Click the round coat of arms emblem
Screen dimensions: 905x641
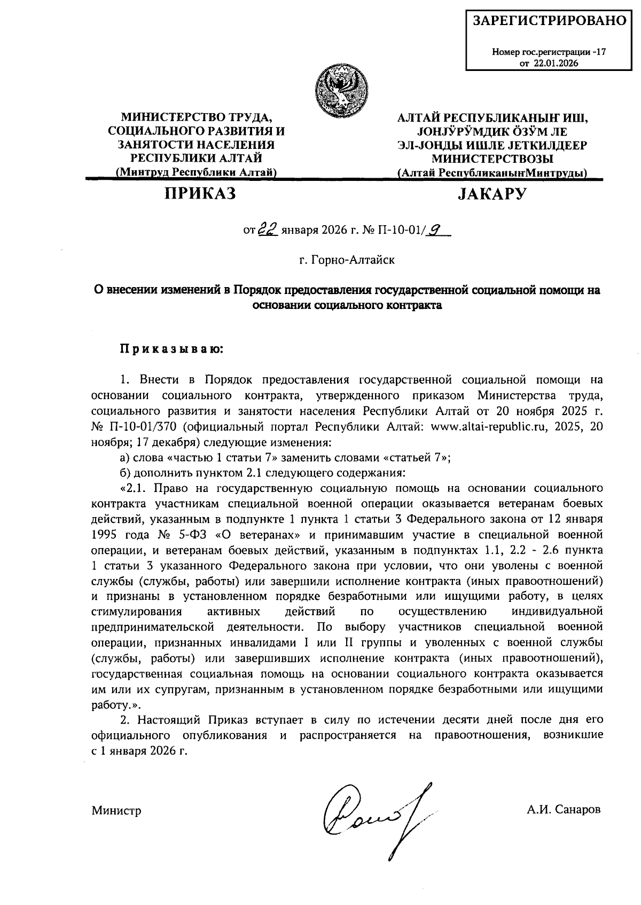tap(342, 88)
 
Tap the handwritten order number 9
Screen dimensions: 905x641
tap(436, 229)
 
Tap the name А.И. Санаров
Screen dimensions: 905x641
tap(563, 810)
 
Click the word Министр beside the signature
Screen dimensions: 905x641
tap(116, 811)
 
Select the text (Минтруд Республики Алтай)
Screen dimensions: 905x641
tap(196, 172)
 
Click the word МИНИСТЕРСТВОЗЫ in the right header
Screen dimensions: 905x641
tap(492, 158)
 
